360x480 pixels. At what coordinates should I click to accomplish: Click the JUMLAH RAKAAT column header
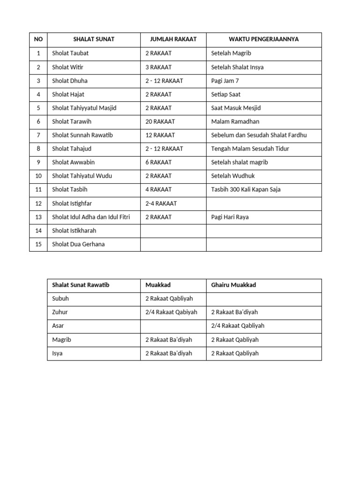point(173,39)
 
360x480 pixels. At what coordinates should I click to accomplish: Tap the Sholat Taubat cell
point(70,53)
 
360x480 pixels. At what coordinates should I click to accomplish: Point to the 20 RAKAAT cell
point(160,121)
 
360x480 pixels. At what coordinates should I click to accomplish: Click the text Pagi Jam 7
point(225,81)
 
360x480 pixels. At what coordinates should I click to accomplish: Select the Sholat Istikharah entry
point(74,231)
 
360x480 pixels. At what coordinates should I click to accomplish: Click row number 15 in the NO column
point(38,244)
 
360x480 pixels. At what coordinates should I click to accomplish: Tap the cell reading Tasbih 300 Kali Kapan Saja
point(246,189)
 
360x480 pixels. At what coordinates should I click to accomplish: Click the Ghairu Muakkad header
point(233,285)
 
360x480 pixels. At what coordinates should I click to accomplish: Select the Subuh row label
point(60,299)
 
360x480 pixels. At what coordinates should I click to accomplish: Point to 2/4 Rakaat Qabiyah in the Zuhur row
point(171,312)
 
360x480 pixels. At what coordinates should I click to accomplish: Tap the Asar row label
point(58,326)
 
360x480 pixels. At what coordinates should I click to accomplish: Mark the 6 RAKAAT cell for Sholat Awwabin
point(158,162)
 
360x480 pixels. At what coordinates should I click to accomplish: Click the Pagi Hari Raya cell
point(230,217)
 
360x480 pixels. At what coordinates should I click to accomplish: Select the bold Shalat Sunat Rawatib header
point(81,285)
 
